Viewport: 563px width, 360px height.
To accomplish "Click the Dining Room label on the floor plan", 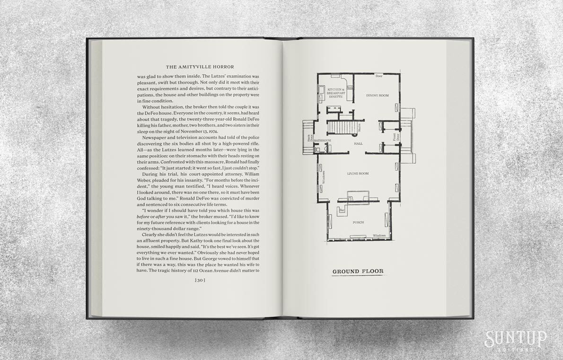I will [377, 96].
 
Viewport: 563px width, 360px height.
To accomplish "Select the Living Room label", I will [358, 174].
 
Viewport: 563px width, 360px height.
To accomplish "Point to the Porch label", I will [358, 222].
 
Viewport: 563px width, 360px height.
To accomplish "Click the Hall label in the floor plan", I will [358, 143].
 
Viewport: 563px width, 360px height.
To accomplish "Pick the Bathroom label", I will [322, 140].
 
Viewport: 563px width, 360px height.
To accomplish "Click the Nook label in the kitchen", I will [350, 88].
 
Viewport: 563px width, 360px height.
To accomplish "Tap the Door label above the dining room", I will [378, 76].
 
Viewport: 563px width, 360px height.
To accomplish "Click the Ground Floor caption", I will [358, 272].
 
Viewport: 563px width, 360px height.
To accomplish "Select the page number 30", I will [199, 281].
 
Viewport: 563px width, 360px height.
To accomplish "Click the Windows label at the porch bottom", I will [378, 235].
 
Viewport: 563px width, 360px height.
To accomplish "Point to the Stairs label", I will [360, 127].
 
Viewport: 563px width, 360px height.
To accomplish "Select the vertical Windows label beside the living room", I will [324, 177].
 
